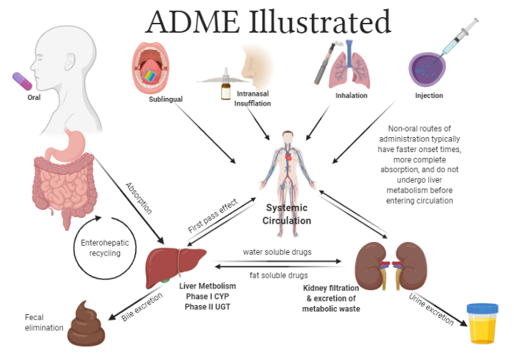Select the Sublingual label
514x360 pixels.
pyautogui.click(x=166, y=99)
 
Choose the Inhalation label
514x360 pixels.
pyautogui.click(x=351, y=95)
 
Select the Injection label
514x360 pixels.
pyautogui.click(x=429, y=95)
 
